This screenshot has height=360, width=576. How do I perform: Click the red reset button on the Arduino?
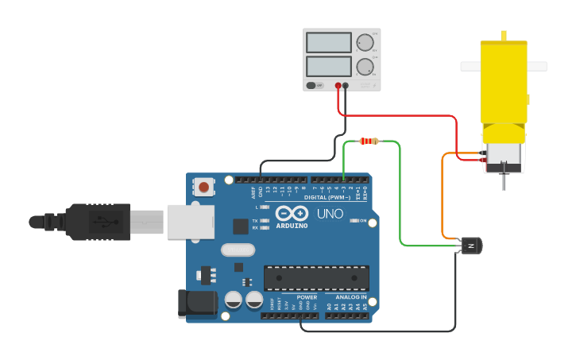pos(204,188)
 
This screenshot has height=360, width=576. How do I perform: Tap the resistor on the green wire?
pos(369,141)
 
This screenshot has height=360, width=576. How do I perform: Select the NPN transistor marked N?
pos(471,246)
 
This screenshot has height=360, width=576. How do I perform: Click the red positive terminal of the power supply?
pos(338,85)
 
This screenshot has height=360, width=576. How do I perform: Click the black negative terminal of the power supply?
pos(345,85)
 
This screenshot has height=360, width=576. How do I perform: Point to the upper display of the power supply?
pos(328,42)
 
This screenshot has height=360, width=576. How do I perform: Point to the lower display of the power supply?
pos(328,65)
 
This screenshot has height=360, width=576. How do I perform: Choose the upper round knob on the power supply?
pos(365,43)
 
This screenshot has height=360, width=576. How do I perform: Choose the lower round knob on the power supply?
pos(365,67)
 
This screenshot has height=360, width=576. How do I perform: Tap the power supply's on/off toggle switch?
pos(315,85)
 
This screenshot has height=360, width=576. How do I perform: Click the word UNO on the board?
pos(330,214)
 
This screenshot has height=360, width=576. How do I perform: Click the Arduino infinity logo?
pos(292,213)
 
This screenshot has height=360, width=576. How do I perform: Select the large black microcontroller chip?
pos(316,277)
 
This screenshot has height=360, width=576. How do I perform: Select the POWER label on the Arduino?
pos(307,297)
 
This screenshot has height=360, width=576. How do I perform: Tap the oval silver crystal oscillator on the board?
pos(236,250)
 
